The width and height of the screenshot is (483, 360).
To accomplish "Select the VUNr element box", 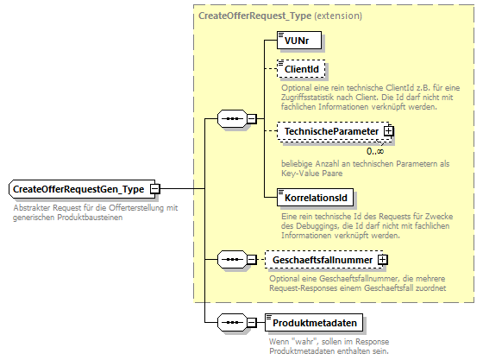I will point(294,39).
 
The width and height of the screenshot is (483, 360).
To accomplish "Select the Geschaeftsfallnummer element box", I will point(323,259).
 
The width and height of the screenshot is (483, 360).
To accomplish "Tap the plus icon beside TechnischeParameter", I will point(389,130).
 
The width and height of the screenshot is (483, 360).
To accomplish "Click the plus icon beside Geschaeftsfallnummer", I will point(383,259).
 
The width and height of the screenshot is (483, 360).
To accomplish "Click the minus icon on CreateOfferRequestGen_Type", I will point(154,189).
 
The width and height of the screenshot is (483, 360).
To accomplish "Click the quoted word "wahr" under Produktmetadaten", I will point(299,341).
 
